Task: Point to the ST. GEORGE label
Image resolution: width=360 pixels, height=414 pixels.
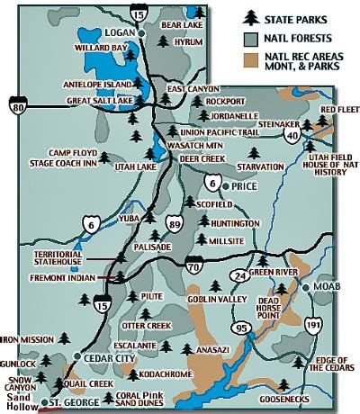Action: [73, 402]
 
